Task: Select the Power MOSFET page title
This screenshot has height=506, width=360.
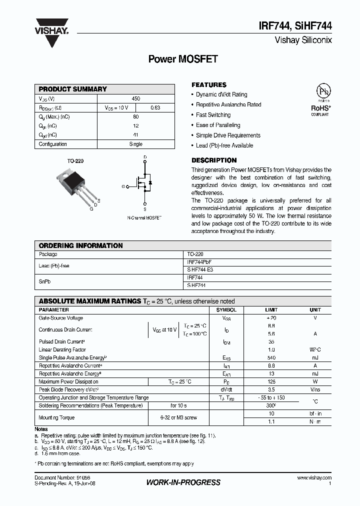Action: pos(183,59)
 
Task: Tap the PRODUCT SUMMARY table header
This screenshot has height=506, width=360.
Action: pos(73,89)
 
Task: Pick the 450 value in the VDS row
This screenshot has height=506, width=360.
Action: pos(136,98)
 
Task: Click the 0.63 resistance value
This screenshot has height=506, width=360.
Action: pos(155,107)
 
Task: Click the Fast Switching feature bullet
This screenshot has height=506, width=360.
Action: pos(213,115)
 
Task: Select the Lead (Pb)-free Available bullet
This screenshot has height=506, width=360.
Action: pos(224,145)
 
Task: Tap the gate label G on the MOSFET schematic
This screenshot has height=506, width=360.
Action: pos(123,186)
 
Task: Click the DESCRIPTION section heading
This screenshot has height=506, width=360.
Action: pos(214,160)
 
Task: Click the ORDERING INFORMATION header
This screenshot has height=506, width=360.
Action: pos(80,245)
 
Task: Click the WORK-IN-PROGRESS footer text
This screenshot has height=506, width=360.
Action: pos(183,482)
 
